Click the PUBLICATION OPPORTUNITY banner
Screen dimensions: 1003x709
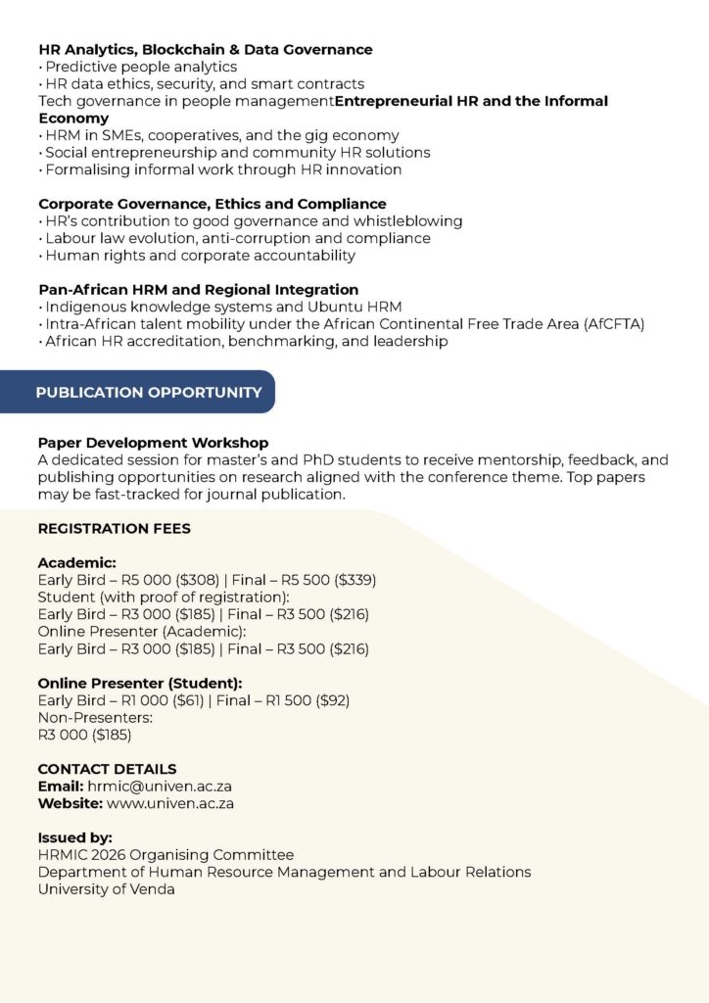tap(149, 392)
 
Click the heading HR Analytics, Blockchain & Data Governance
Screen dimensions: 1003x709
tap(206, 49)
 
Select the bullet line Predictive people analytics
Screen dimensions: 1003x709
tap(141, 67)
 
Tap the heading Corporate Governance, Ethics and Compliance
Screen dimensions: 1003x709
tap(213, 204)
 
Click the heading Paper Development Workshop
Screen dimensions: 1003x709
tap(153, 443)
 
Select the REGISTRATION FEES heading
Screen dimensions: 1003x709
tap(114, 529)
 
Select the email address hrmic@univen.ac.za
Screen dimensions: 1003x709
tap(160, 787)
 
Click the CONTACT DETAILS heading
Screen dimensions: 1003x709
tap(107, 769)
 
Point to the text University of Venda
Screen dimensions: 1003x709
tap(107, 889)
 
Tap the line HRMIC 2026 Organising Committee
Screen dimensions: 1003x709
tap(165, 855)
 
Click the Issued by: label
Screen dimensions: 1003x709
tap(75, 837)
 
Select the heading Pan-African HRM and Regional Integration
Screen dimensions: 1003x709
tap(199, 290)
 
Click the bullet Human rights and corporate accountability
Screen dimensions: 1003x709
tap(200, 256)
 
